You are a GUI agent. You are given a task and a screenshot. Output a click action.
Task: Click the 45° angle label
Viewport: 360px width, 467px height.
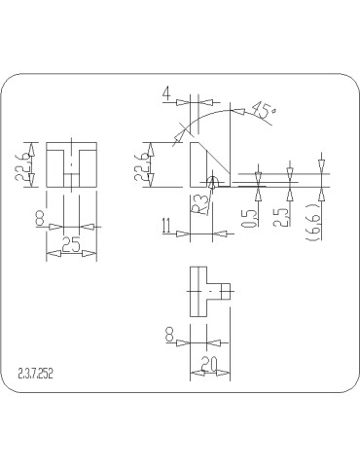tap(262, 110)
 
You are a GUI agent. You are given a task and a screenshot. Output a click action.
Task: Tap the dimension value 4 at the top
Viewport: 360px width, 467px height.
tap(168, 94)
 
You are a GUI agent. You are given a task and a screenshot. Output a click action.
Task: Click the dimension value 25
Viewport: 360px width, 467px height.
tap(71, 246)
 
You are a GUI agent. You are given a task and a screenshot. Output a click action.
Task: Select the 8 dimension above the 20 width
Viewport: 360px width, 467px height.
tap(171, 334)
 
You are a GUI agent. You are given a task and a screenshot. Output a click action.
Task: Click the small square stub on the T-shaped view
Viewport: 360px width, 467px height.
tap(226, 290)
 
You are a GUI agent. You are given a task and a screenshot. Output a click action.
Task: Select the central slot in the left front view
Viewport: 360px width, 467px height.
tap(71, 167)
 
